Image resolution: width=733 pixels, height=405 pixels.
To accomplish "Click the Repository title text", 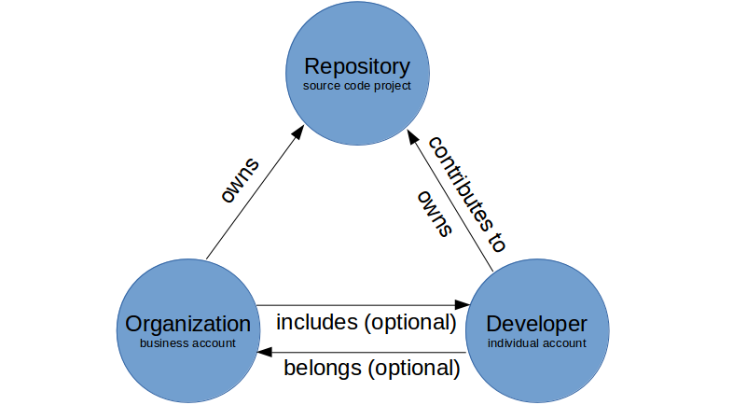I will tap(357, 67).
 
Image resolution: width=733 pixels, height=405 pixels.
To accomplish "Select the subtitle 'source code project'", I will tap(357, 87).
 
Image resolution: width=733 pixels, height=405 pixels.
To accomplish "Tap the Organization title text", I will tap(188, 324).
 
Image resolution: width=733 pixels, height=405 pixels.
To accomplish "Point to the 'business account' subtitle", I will tap(188, 343).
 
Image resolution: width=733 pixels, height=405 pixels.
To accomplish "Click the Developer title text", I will tap(537, 324).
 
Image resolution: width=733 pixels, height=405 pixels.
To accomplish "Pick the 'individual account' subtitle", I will tap(537, 343).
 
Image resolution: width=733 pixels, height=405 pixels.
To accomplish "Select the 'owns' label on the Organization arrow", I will tap(239, 180).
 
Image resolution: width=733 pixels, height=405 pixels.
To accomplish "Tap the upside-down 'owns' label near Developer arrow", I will tap(435, 213).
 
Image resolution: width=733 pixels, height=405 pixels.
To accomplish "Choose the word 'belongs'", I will tap(321, 368).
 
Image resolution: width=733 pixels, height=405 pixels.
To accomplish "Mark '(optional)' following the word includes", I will tap(408, 323).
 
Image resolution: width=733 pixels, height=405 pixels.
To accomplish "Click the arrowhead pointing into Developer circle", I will tap(463, 305).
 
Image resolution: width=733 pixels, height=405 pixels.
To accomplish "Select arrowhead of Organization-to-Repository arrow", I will tap(299, 132).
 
